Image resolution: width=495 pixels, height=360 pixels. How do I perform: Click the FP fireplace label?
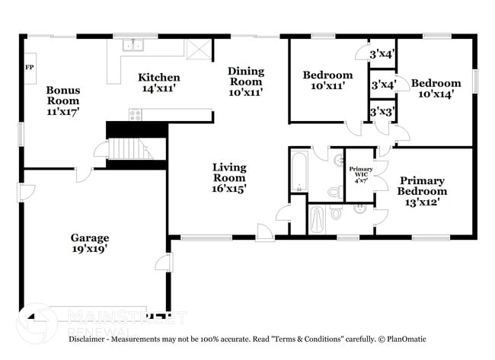30,67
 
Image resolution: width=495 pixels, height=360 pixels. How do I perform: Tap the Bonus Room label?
63,100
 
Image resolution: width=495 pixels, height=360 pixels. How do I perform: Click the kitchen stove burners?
135,115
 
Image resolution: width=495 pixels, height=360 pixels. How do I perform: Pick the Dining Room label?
246,81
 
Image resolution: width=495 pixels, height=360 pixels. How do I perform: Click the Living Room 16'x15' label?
228,177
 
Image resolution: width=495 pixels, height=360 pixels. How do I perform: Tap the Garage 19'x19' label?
90,243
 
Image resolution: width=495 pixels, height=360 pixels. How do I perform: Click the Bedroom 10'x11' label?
327,80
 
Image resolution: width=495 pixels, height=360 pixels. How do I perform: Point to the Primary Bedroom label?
421,191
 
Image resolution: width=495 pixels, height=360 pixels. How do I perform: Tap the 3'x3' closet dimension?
382,112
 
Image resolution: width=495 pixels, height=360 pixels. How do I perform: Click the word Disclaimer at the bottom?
91,339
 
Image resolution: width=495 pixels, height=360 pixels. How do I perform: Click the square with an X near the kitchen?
198,49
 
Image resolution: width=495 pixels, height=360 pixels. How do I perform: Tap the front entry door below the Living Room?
265,231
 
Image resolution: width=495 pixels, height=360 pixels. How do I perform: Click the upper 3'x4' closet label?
382,54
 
